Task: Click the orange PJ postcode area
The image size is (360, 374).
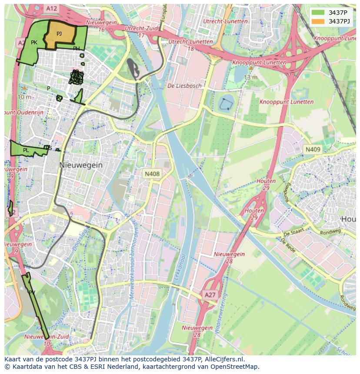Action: [60, 34]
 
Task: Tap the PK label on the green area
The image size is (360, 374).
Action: [34, 43]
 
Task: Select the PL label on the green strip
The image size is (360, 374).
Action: [26, 150]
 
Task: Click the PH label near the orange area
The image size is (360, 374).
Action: [77, 49]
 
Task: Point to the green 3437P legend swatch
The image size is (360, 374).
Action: [318, 13]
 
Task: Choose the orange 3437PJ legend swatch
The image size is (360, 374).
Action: [318, 21]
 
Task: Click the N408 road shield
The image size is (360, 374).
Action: [152, 174]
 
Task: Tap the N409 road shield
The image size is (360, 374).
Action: [313, 149]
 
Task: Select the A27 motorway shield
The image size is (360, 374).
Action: [210, 295]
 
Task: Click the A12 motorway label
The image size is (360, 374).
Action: [51, 8]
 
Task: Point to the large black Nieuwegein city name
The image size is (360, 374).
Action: [81, 165]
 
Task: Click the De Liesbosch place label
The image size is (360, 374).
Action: [185, 86]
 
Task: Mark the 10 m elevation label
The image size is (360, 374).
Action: [24, 97]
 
